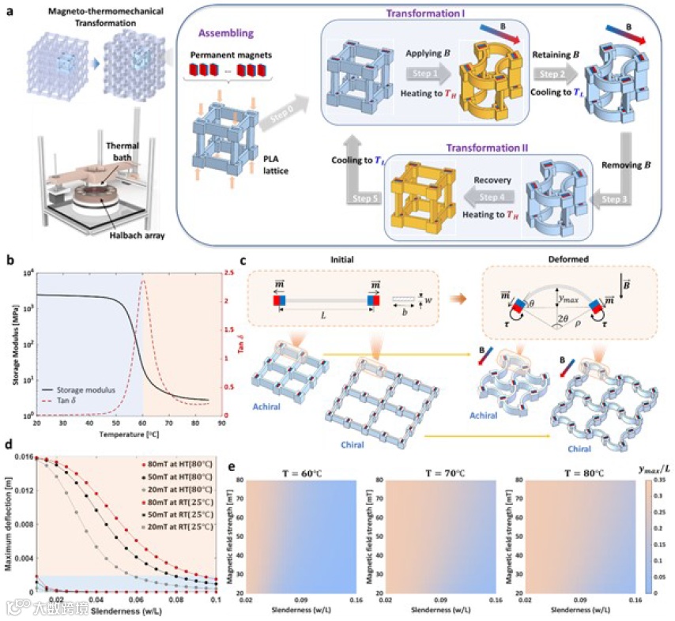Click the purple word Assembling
point(226,35)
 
